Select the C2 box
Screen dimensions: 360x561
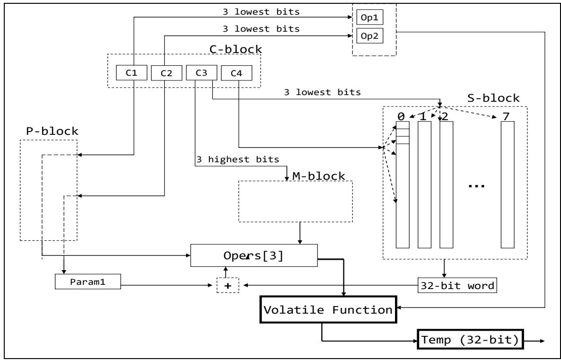point(166,73)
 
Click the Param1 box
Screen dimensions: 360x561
point(88,283)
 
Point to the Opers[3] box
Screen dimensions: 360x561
point(254,256)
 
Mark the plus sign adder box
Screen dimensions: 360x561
point(228,285)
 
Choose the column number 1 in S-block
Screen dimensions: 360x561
point(424,115)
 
